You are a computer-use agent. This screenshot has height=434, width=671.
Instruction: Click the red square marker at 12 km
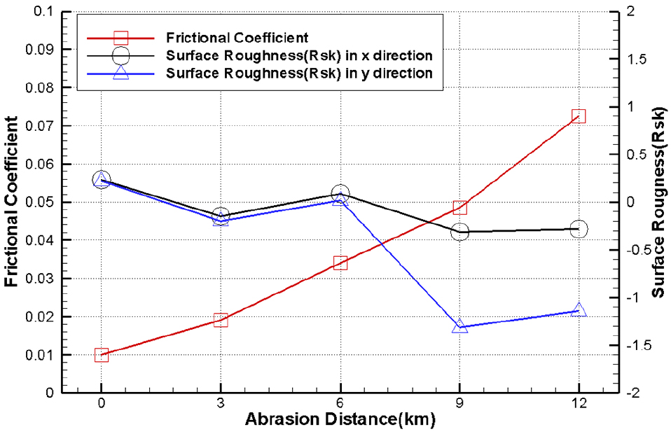tap(579, 116)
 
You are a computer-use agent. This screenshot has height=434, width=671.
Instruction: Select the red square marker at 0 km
tap(101, 355)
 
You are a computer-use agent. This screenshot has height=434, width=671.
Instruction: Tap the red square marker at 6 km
tap(340, 263)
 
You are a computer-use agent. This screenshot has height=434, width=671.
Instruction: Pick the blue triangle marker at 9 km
tap(460, 326)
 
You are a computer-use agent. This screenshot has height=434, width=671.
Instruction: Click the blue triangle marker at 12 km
tap(579, 310)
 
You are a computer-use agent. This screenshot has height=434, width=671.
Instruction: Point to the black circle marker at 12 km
tap(579, 229)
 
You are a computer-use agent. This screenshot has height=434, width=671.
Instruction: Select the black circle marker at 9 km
tap(460, 232)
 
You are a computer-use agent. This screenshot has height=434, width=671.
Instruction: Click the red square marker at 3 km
tap(221, 320)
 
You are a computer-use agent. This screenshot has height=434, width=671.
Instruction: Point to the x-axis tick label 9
tap(460, 405)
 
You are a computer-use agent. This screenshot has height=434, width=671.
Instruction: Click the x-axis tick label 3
tap(221, 405)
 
